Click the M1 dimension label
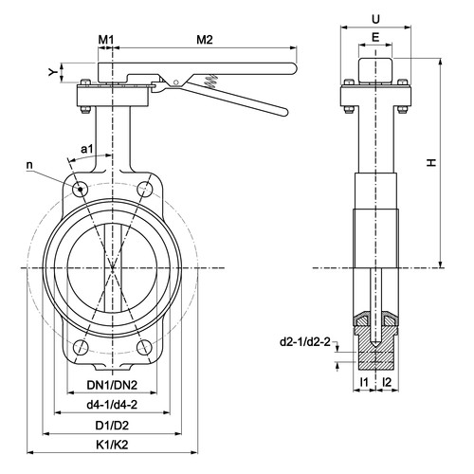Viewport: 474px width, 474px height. pos(105,40)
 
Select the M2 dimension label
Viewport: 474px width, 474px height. pos(205,40)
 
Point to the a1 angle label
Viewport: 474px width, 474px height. pos(87,149)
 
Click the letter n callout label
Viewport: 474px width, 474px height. pos(29,165)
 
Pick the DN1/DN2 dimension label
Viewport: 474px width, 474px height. pos(112,385)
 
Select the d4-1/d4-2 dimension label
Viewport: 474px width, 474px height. pos(112,405)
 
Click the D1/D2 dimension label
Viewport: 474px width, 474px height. pos(112,426)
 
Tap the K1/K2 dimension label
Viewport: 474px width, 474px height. pos(112,445)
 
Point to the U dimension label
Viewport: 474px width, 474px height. pos(375,20)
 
